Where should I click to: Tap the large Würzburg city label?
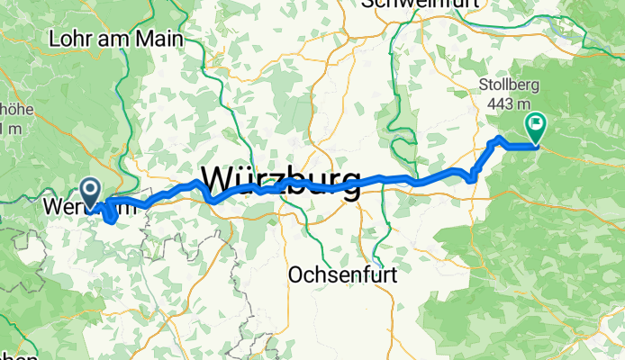pos(282,179)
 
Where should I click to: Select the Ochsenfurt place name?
pos(341,274)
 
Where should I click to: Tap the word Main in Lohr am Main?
pos(160,40)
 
